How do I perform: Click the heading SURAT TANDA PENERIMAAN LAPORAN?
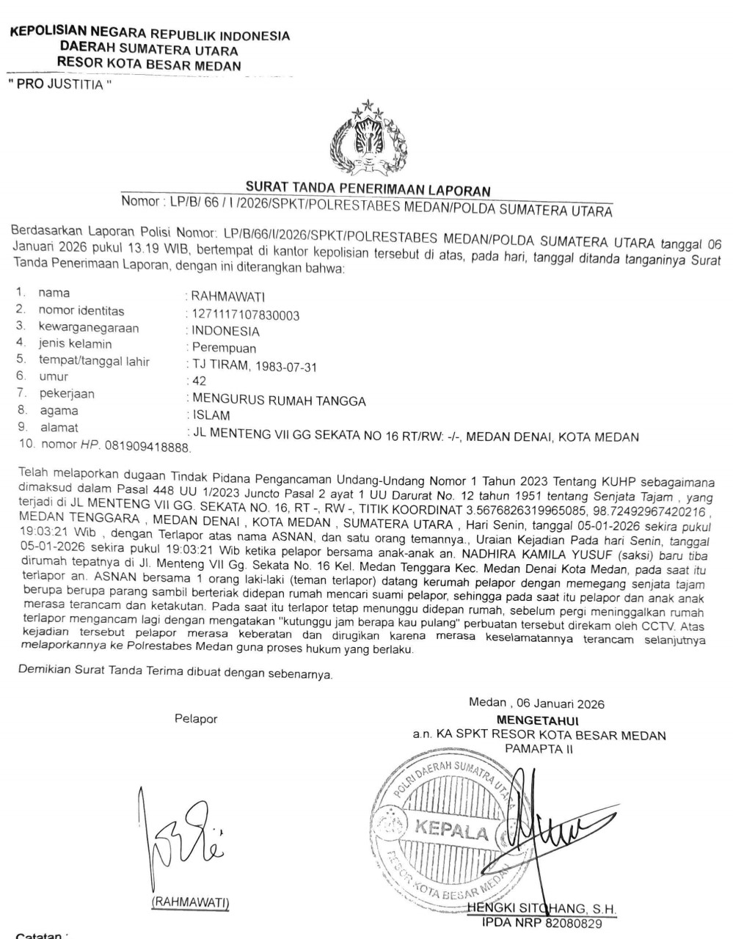click(x=368, y=191)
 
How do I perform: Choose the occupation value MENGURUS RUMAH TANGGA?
click(x=278, y=400)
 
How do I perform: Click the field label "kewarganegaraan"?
click(x=89, y=327)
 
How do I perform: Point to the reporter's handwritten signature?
click(x=180, y=836)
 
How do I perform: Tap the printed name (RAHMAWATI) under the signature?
click(x=190, y=902)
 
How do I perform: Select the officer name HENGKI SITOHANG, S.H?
click(x=543, y=910)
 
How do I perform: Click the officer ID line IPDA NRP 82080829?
click(x=541, y=923)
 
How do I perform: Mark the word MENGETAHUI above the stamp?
click(x=539, y=720)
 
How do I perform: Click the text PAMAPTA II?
click(x=539, y=748)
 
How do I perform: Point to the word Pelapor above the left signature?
click(x=196, y=719)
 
